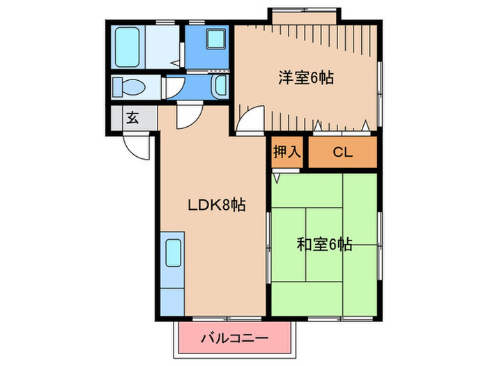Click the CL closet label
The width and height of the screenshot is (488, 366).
pyautogui.click(x=342, y=152)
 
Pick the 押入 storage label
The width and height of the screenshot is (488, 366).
pyautogui.click(x=287, y=152)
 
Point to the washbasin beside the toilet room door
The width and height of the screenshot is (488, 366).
pyautogui.click(x=220, y=87)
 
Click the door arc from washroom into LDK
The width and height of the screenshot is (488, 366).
pyautogui.click(x=187, y=117)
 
